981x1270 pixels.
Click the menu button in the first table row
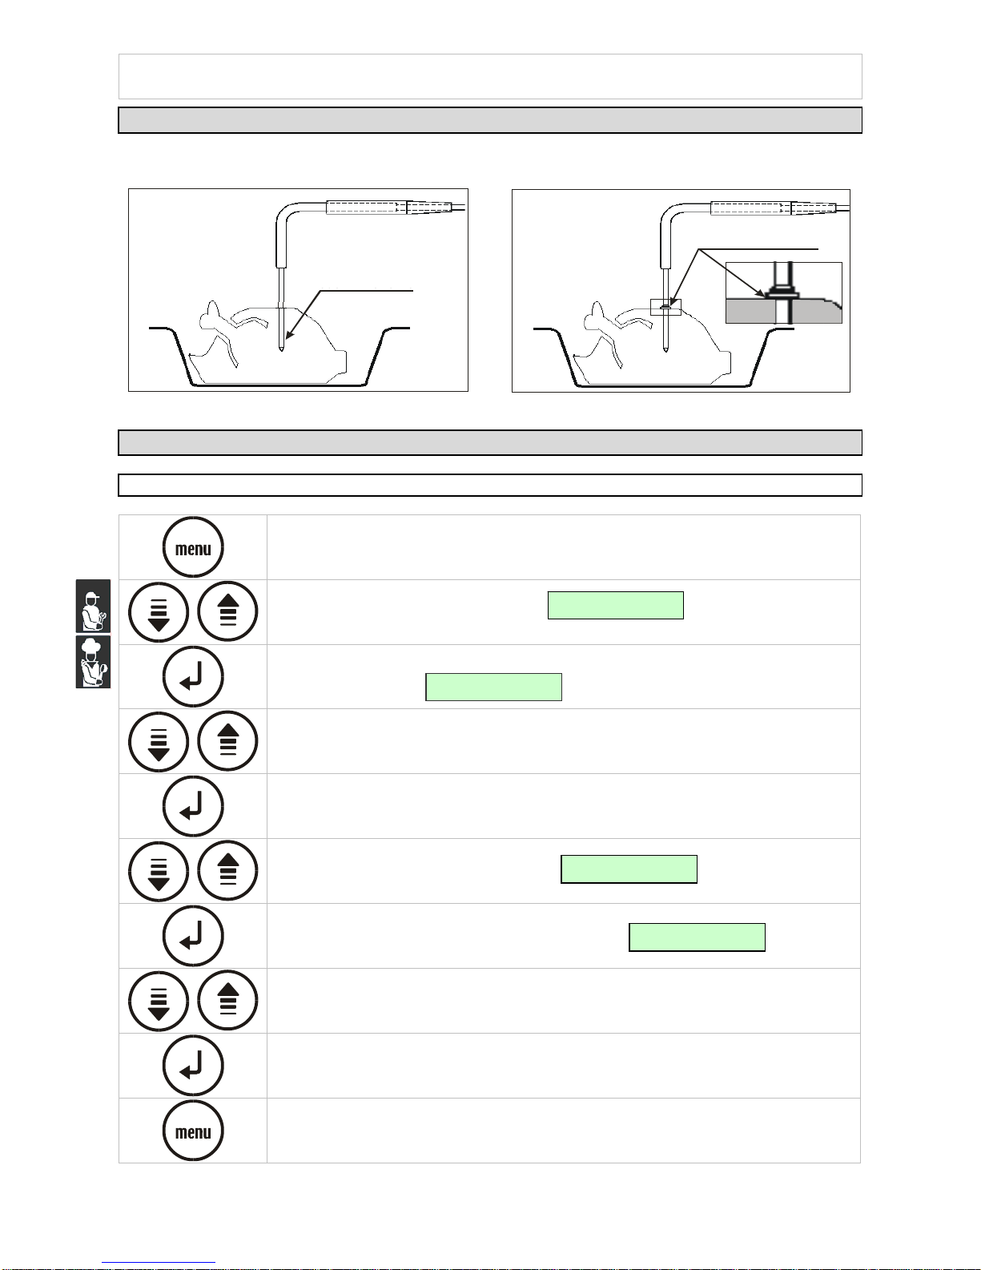coord(193,547)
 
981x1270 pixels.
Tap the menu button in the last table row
coord(193,1131)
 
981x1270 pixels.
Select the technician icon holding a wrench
coord(93,606)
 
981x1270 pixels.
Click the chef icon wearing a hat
coord(93,662)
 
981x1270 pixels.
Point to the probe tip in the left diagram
coord(281,349)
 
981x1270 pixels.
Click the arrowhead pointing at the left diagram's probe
coord(290,334)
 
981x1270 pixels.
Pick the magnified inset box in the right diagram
coord(784,292)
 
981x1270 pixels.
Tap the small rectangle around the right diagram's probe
coord(665,307)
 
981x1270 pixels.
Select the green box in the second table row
coord(616,606)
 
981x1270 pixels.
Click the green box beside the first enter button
coord(493,687)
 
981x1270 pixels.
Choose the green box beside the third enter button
coord(697,937)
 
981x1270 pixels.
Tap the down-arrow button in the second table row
coord(159,612)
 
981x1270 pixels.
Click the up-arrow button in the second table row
coord(227,612)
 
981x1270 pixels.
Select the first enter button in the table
coord(193,677)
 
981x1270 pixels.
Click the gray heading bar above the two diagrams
coord(490,120)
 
